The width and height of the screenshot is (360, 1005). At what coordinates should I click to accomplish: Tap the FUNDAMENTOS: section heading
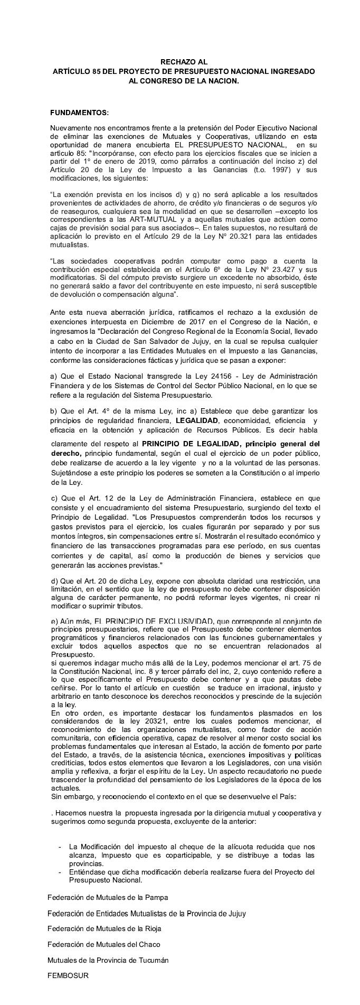coord(79,112)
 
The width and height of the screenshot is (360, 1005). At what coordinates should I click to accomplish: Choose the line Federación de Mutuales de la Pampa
coord(108,897)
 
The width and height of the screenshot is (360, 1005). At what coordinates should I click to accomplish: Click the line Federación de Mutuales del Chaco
coord(104,944)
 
